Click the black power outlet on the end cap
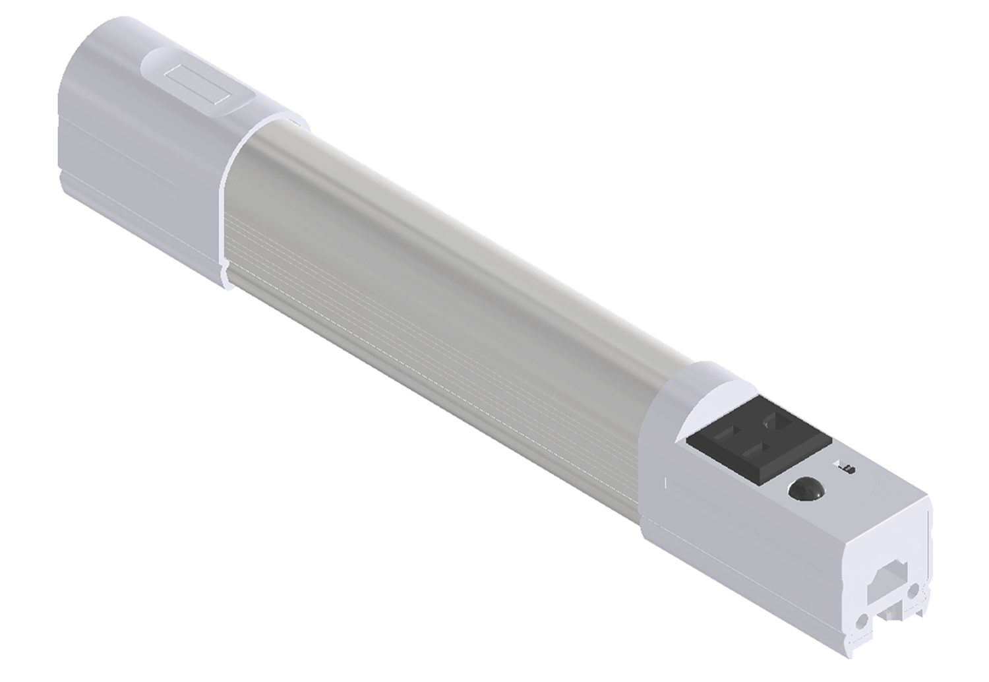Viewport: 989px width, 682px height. pos(758,438)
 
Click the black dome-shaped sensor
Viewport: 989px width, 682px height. pos(806,490)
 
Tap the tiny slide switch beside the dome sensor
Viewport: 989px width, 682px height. pos(848,468)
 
